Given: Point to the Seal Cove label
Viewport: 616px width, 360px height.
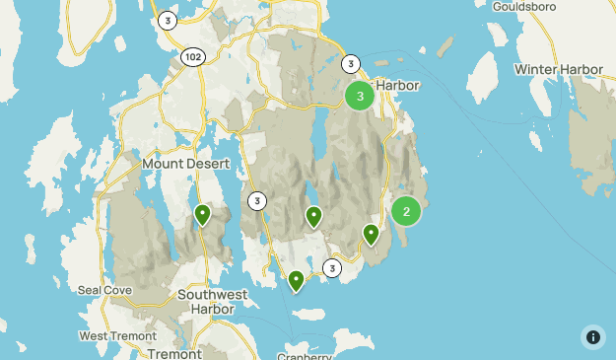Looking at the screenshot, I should coord(103,290).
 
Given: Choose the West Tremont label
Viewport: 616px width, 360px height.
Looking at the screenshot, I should coord(113,335).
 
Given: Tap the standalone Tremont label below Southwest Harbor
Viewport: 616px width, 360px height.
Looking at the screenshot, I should coord(173,352).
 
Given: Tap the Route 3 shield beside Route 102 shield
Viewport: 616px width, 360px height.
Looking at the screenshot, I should coord(169,20).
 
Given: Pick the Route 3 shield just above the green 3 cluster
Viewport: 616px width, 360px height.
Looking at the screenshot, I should coord(351,64).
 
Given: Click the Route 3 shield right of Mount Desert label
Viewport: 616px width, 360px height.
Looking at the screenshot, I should coord(257,201).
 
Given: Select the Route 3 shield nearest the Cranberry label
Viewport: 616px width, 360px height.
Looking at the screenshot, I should coord(332,268).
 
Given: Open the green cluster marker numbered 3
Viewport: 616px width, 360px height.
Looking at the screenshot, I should coord(360,96).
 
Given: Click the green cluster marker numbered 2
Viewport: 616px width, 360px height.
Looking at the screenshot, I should coord(406,211).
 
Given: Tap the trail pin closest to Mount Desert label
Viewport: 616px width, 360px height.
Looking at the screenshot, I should coord(202,213).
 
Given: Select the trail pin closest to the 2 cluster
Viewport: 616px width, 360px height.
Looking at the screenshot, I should coord(371,234).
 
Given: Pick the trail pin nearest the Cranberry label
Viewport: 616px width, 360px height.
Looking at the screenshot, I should coord(297,281).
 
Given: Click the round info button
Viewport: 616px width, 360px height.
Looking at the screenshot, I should coord(592,336).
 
